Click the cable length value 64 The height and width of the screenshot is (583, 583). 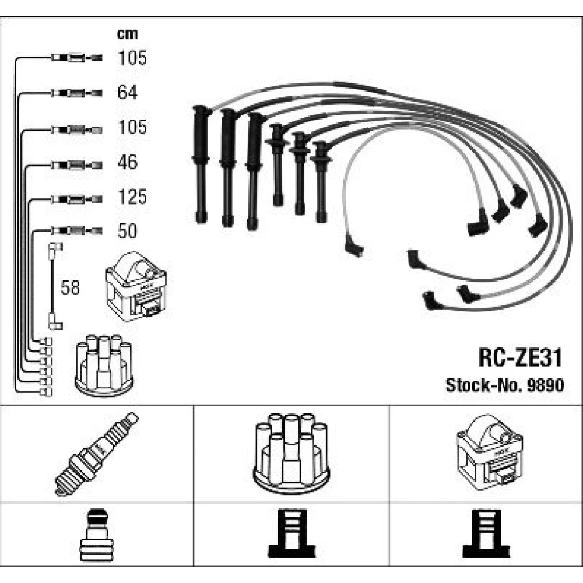pyautogui.click(x=128, y=92)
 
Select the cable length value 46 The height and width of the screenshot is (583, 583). pyautogui.click(x=128, y=162)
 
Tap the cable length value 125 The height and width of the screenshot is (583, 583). pyautogui.click(x=132, y=197)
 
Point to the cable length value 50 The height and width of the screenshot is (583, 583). pyautogui.click(x=128, y=231)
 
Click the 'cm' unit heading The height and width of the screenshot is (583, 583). pyautogui.click(x=127, y=34)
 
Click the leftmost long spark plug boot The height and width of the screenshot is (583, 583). pyautogui.click(x=201, y=163)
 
